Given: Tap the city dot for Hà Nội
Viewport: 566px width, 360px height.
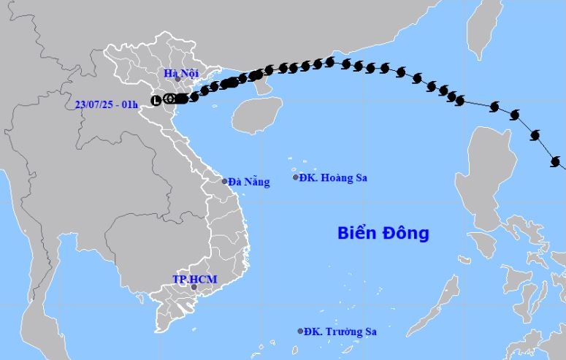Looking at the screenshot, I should [177, 79].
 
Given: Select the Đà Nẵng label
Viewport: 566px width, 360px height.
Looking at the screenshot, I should [248, 182].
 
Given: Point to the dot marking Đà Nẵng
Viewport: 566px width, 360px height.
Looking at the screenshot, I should [225, 180].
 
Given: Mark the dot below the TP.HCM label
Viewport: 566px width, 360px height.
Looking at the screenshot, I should [194, 287].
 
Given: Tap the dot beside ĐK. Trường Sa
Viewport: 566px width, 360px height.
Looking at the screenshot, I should [300, 331].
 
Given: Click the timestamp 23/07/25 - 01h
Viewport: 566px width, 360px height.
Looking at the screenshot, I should [107, 104].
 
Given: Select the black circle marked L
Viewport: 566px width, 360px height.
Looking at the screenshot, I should [156, 100].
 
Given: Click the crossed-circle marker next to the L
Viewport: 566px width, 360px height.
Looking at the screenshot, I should [169, 99].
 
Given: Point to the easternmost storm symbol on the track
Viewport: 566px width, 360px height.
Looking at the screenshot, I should [557, 162].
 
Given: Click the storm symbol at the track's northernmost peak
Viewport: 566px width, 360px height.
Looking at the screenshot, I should [330, 62].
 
